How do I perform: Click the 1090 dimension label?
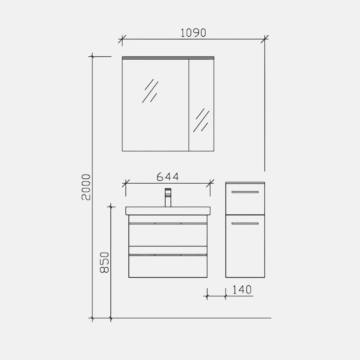(193, 33)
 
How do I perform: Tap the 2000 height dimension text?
(86, 187)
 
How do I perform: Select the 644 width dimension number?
(168, 177)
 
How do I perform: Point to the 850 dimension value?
(104, 262)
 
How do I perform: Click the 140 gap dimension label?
(242, 289)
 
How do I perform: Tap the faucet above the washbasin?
(168, 197)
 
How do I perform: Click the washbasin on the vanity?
(168, 211)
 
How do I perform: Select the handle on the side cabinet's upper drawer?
(245, 192)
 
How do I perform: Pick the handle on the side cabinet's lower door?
(245, 223)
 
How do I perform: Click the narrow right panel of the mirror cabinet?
(201, 105)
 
